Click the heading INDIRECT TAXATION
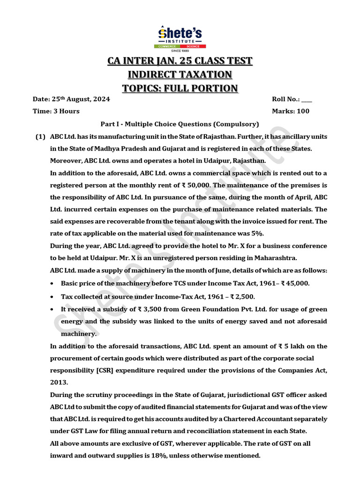coord(180,75)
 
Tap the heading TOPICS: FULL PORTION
coord(180,88)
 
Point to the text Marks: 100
coord(291,112)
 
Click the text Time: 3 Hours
coord(56,112)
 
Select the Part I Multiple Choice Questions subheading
coord(180,124)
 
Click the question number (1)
coord(40,136)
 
